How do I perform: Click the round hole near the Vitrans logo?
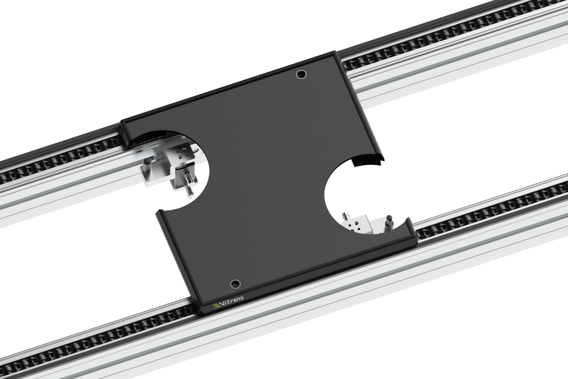(235, 284)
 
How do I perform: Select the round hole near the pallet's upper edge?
(301, 74)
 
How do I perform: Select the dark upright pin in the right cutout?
(390, 222)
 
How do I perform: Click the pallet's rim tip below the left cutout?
(159, 212)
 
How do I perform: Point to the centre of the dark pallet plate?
(266, 178)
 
